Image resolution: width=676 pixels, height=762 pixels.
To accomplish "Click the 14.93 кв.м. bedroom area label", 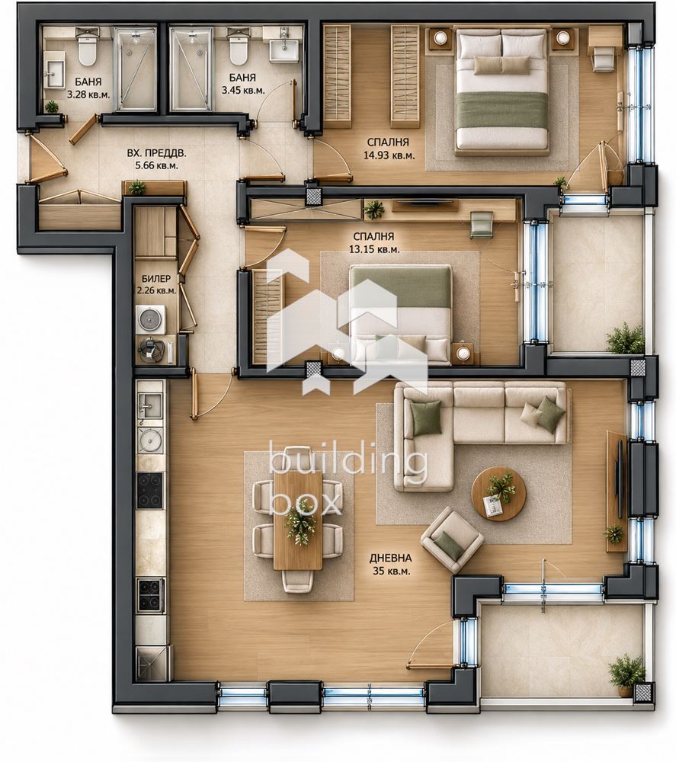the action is coord(388,149).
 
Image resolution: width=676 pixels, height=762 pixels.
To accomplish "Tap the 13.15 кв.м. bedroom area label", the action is coord(373,243).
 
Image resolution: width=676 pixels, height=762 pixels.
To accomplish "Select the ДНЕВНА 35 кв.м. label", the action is coord(391,565).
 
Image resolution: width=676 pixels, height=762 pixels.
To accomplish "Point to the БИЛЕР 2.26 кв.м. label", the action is coord(156,285).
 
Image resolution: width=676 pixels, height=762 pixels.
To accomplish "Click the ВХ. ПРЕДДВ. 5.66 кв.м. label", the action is coord(156,159).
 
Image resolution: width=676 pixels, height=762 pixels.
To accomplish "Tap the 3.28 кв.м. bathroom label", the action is coord(88,88).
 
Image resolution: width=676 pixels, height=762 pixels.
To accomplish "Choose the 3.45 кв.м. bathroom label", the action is coord(242,84).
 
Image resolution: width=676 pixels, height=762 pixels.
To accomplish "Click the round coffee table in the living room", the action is coord(498,495).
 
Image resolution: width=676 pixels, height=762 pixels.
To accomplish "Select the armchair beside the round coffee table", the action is coord(453,539).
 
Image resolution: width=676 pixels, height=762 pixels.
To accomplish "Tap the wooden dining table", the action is coord(298,520).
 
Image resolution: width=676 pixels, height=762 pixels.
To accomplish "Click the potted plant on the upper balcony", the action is coord(626,338).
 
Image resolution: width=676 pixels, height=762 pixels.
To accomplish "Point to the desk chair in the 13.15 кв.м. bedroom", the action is coord(482,225).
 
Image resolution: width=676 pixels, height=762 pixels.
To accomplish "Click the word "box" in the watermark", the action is coord(305,503).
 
